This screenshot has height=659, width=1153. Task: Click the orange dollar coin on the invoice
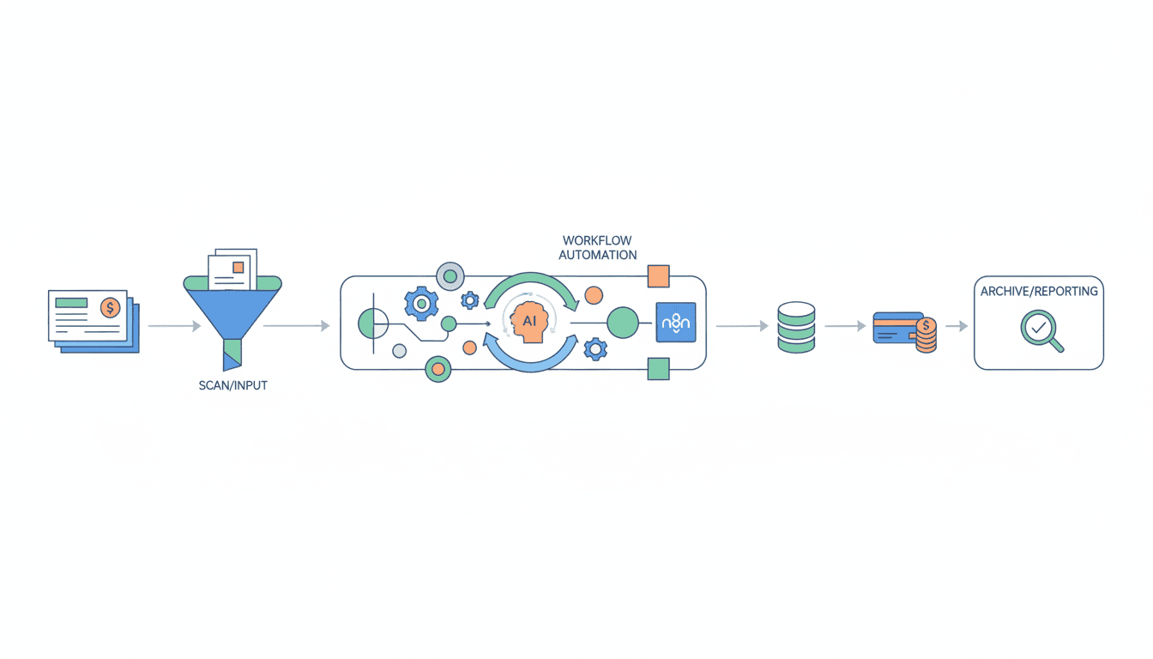pos(110,307)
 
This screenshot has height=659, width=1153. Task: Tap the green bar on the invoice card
pos(71,302)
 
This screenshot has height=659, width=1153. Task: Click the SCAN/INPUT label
pos(232,385)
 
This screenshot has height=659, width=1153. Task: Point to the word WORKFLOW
pos(597,240)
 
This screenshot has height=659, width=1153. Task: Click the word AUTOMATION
pos(598,255)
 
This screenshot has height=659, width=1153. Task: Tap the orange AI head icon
pos(524,323)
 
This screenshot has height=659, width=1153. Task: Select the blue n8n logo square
pos(676,323)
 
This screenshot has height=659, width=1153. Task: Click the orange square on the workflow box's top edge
pos(658,276)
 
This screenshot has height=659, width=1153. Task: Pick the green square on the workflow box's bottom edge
pos(658,369)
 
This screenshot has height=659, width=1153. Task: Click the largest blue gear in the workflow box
pos(420,303)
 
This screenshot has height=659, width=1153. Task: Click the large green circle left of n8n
pos(624,323)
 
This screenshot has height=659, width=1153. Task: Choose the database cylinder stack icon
pos(795,326)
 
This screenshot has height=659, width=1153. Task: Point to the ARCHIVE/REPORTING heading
pos(1039,292)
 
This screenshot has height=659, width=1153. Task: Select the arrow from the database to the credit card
pos(846,326)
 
